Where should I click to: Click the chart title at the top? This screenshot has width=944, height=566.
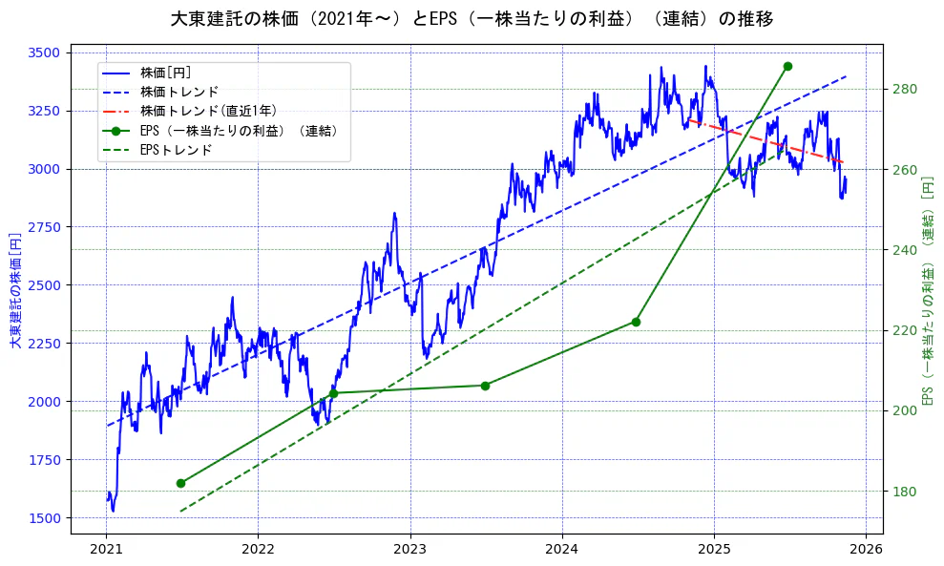point(472,18)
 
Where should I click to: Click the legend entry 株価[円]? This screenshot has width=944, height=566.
point(165,73)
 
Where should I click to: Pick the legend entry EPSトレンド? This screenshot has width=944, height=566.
point(176,150)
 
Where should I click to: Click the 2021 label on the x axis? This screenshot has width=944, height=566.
point(106,549)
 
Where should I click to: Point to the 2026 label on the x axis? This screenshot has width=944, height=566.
point(865,549)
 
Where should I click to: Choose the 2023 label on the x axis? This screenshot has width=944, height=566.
point(409,549)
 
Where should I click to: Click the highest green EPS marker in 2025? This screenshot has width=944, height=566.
point(787,66)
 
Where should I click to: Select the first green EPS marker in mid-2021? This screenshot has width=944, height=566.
point(180,483)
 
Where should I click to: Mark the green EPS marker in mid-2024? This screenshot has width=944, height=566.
point(636,322)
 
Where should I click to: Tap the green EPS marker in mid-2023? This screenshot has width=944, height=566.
point(485,386)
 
